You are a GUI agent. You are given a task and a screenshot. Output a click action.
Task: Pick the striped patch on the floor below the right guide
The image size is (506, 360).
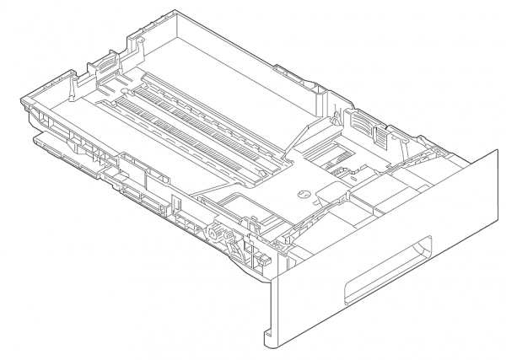tap(326, 156)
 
